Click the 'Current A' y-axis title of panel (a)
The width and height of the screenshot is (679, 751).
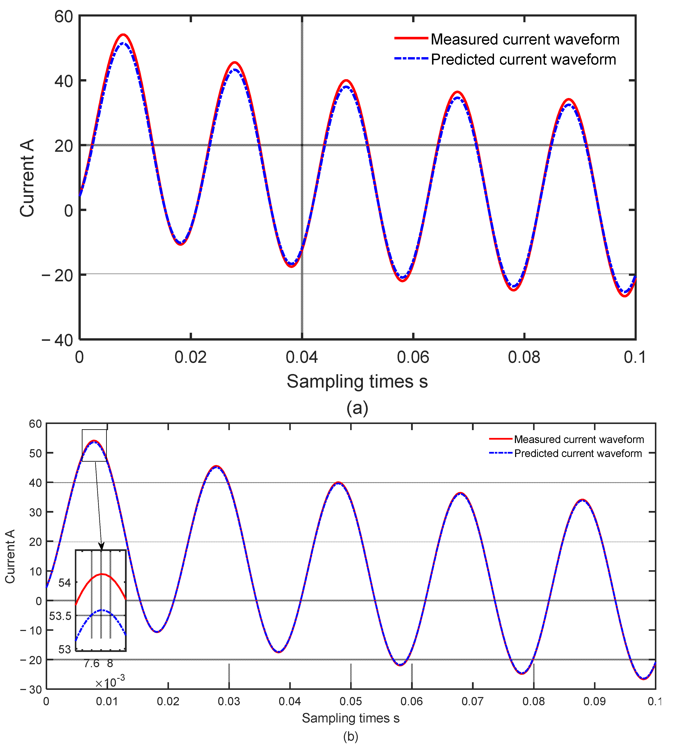point(27,178)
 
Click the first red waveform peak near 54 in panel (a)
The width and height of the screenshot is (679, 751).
point(123,35)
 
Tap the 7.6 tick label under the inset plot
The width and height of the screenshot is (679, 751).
point(92,663)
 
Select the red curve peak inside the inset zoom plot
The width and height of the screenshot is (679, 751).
point(102,574)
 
